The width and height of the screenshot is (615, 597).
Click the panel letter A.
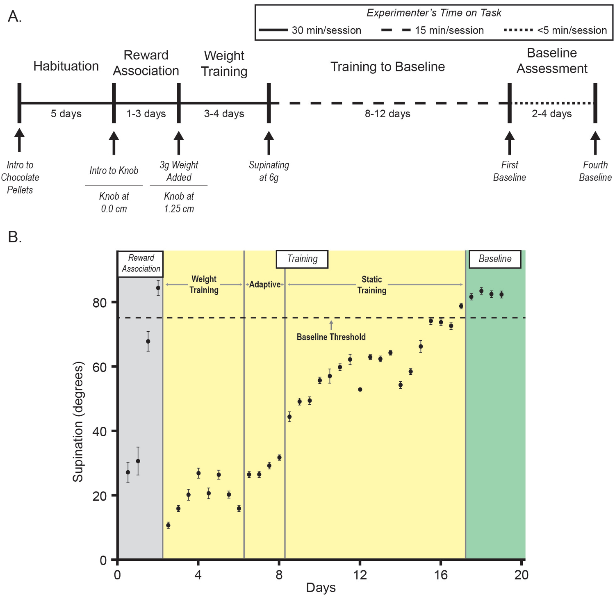[x=15, y=17]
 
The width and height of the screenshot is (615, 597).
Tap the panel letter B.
[x=15, y=237]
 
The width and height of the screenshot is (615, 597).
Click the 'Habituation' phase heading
[x=66, y=66]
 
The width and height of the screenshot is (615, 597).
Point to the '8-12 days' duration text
[x=387, y=114]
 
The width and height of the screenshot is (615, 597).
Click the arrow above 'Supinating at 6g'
[x=269, y=142]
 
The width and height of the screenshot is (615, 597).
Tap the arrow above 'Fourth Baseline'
[x=595, y=142]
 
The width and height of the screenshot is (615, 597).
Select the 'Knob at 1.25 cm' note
[x=179, y=202]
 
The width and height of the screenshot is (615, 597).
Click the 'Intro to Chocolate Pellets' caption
[x=20, y=177]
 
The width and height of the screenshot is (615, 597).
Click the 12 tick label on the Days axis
[x=360, y=575]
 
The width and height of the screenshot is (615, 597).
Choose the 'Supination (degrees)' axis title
[x=78, y=422]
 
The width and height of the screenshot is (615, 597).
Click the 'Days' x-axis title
[x=321, y=588]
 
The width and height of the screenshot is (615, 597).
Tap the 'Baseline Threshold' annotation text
[x=331, y=337]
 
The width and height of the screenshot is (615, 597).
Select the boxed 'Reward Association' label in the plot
[x=141, y=263]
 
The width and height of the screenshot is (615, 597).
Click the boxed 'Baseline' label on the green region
[x=495, y=259]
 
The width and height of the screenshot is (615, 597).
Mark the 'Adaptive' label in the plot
[x=265, y=285]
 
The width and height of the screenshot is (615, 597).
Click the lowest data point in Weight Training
[x=168, y=525]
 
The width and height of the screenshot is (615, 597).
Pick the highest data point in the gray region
[x=158, y=288]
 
